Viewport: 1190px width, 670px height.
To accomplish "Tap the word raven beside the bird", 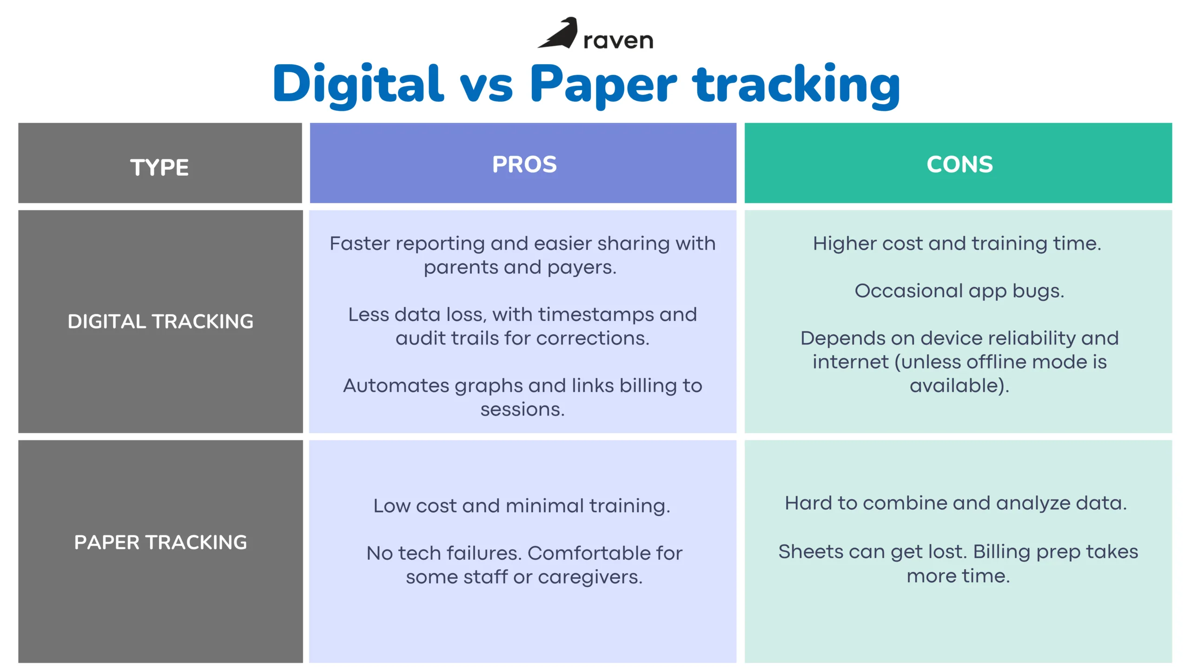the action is pyautogui.click(x=618, y=40).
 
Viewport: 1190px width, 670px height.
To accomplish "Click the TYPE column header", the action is pyautogui.click(x=159, y=167).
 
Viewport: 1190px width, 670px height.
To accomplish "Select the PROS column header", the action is pyautogui.click(x=524, y=164).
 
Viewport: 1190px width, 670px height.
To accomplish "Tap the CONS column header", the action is pyautogui.click(x=960, y=164).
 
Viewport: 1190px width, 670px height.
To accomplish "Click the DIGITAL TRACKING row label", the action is pyautogui.click(x=160, y=321).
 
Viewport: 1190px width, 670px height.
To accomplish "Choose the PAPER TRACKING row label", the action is pyautogui.click(x=160, y=542).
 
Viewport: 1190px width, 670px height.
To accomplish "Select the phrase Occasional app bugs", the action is pyautogui.click(x=959, y=291).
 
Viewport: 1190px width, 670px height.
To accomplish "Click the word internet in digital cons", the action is pyautogui.click(x=851, y=362).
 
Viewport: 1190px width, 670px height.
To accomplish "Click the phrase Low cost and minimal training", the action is pyautogui.click(x=522, y=506).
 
